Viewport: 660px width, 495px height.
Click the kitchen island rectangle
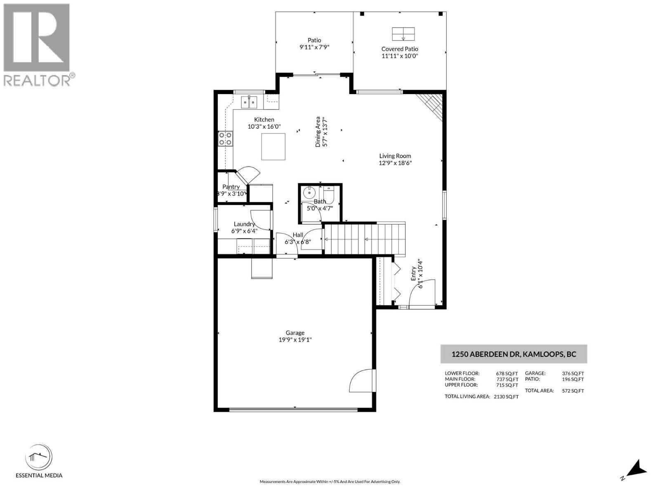(x=273, y=146)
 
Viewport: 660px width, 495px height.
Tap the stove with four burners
(x=225, y=139)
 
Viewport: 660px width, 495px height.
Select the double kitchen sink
(x=249, y=101)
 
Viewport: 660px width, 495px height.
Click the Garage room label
(x=295, y=333)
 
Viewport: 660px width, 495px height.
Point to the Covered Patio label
(x=399, y=49)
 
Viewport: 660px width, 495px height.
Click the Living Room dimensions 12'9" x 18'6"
(x=395, y=163)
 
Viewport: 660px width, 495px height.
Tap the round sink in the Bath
(x=309, y=192)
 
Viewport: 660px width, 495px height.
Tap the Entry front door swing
(x=422, y=294)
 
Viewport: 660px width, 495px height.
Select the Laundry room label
(x=244, y=224)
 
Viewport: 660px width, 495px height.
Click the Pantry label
(x=231, y=187)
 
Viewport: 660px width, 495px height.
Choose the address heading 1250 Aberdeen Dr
(x=514, y=354)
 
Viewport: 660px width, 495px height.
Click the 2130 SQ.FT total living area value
(x=506, y=397)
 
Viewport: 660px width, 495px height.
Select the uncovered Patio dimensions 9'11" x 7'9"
(x=314, y=47)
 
